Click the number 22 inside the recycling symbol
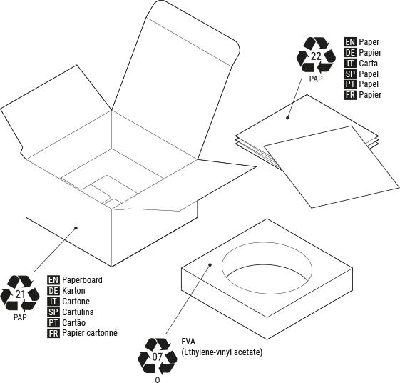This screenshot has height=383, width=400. [316, 56]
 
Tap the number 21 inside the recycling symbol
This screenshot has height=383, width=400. [20, 294]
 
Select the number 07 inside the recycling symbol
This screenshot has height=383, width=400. [158, 357]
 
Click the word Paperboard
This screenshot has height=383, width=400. [82, 280]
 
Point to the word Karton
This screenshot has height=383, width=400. [73, 291]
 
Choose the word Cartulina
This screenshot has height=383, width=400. [78, 312]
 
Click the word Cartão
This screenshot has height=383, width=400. [73, 323]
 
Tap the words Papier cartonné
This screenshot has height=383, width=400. [90, 333]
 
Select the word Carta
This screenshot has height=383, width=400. [368, 63]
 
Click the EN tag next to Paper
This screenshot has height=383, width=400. [350, 41]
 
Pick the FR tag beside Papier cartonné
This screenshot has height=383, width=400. [53, 333]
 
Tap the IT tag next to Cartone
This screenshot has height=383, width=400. [53, 302]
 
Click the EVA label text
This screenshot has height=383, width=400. [188, 342]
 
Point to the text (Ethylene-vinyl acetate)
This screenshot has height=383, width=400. [222, 352]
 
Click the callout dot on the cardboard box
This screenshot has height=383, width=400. [76, 228]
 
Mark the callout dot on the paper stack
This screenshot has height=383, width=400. [287, 118]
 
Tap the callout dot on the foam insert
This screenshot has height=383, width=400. [210, 264]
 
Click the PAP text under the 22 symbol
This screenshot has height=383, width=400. [316, 79]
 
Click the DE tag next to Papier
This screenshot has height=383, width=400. [350, 52]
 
